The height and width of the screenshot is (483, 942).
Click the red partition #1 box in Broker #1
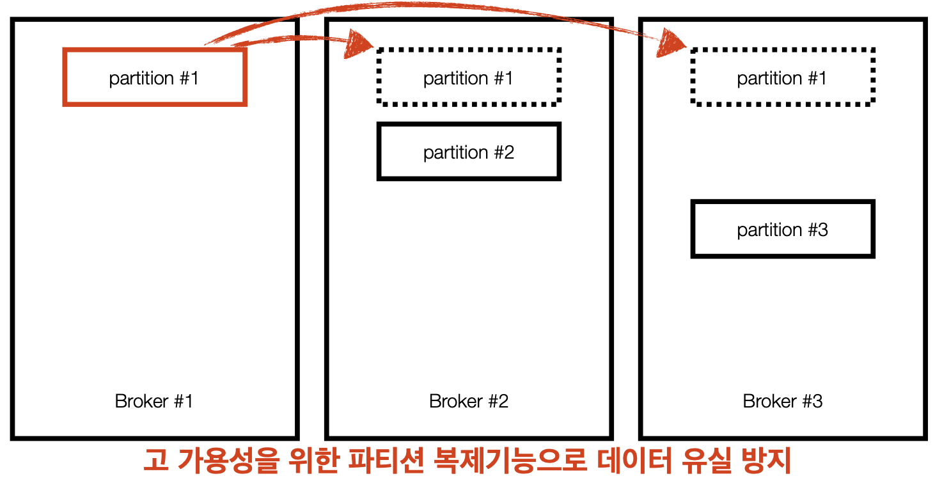[154, 77]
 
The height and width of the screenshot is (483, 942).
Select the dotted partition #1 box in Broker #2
[469, 77]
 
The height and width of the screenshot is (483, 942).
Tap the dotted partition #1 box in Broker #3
[782, 77]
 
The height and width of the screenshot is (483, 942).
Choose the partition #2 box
[469, 152]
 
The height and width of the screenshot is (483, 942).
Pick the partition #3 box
[782, 229]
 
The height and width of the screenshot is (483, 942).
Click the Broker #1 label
[153, 401]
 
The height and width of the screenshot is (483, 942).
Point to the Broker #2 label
[469, 401]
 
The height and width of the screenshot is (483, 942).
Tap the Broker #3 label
[782, 401]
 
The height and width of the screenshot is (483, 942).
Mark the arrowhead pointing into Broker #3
[672, 44]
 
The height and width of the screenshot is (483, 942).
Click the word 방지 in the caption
[767, 460]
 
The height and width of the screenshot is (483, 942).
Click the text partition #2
[469, 152]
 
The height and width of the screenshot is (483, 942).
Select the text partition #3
[782, 230]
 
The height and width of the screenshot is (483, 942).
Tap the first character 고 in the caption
[155, 460]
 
